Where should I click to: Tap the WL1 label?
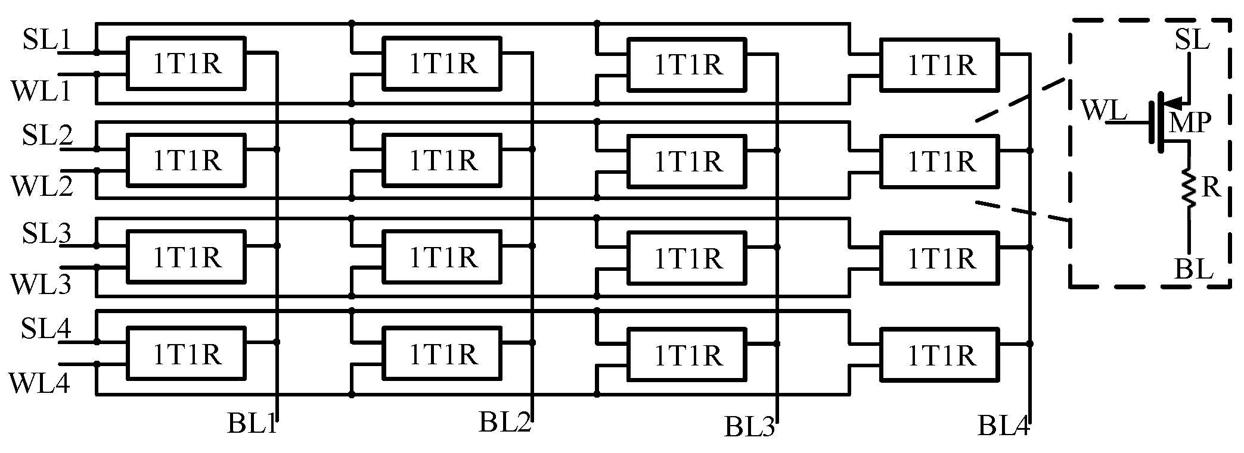[x=41, y=91]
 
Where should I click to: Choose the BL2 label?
[x=504, y=422]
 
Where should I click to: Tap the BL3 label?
[x=749, y=427]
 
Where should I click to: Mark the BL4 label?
[x=1003, y=426]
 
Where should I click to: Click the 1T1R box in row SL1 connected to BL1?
[x=187, y=64]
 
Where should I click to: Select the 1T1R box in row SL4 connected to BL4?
[x=940, y=355]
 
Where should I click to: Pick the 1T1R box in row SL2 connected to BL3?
[x=687, y=161]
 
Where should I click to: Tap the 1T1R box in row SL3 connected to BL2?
[x=442, y=257]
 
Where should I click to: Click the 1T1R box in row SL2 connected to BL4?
[x=940, y=161]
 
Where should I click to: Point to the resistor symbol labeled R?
[x=1189, y=188]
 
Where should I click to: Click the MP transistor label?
[x=1189, y=123]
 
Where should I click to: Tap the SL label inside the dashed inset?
[x=1192, y=40]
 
